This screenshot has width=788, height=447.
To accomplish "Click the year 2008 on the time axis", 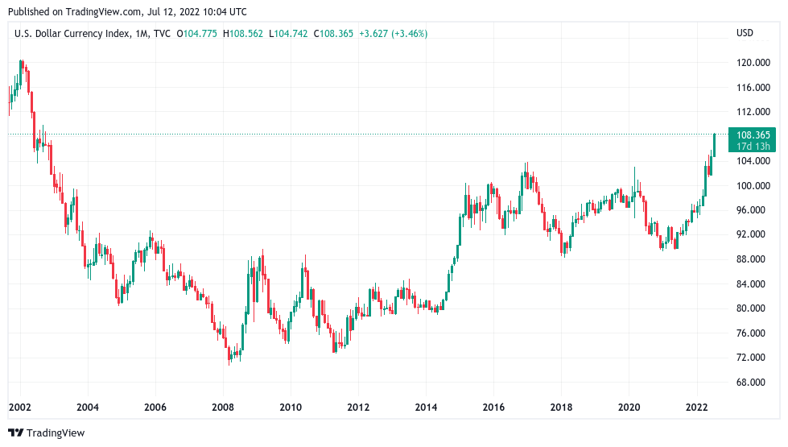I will click(223, 407).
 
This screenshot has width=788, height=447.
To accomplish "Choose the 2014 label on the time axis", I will click(426, 407).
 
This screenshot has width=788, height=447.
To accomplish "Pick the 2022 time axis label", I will click(696, 407).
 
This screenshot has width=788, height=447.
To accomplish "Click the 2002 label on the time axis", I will click(19, 407).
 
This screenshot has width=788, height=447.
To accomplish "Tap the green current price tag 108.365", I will click(753, 135).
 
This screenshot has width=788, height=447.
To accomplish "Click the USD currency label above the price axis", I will click(745, 33).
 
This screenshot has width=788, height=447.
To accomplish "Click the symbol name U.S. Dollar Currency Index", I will click(68, 33).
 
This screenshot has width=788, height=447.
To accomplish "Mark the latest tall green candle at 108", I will click(715, 143).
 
